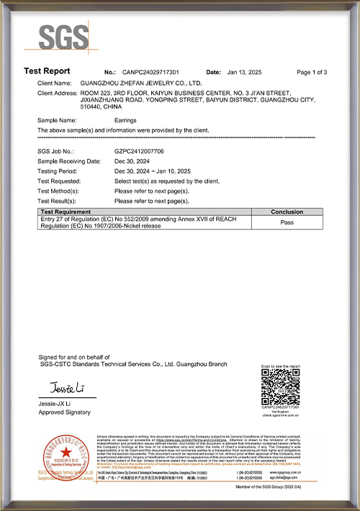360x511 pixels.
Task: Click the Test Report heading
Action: click(47, 71)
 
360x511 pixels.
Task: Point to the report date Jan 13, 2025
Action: click(248, 73)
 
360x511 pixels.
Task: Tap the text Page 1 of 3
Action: click(312, 73)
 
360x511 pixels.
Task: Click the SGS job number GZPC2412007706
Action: click(140, 152)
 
